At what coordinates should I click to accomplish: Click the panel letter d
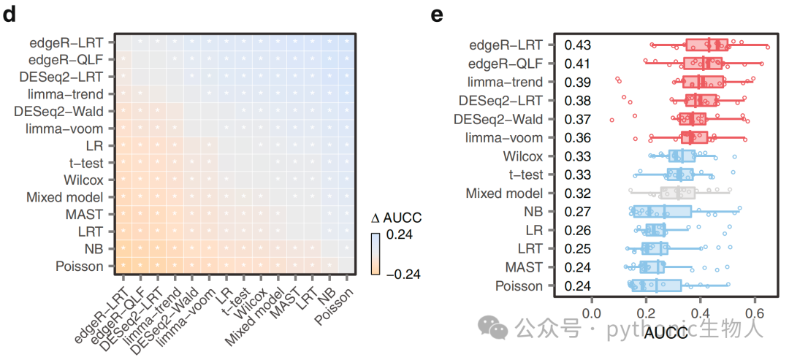10,15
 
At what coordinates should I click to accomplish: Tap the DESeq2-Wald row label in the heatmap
60,111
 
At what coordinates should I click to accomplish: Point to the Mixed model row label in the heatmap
64,197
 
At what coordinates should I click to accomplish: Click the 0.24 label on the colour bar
399,235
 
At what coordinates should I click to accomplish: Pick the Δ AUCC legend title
395,218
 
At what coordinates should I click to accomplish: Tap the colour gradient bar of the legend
376,254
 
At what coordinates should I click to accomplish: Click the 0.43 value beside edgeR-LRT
577,45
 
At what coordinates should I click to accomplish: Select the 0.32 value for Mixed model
577,194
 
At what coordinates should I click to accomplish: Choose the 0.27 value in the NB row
577,212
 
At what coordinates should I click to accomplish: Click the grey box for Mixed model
678,193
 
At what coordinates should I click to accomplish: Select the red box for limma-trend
704,82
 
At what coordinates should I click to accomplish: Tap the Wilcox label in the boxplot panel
523,156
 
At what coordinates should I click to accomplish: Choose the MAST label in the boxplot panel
526,267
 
